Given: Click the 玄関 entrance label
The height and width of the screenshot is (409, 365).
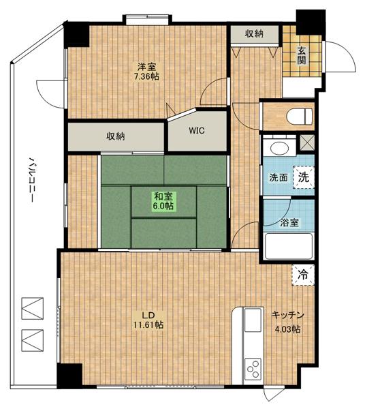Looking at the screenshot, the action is click(302, 56).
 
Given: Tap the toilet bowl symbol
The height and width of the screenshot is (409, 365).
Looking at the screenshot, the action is click(299, 116).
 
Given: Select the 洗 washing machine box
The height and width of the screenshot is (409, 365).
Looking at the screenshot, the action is click(304, 177).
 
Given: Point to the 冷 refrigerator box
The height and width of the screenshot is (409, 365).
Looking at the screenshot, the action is click(303, 275).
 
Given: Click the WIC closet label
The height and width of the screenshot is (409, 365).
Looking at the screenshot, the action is click(197, 130).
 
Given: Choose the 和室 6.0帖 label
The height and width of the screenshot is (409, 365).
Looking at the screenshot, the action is click(163, 201).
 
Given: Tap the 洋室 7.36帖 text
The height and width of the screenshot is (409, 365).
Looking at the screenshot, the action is click(148, 72).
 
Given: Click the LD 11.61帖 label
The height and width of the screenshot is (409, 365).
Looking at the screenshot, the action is click(148, 320).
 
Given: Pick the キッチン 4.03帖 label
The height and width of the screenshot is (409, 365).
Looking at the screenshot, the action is click(287, 322).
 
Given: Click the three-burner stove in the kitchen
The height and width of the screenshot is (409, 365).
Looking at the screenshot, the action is click(253, 369).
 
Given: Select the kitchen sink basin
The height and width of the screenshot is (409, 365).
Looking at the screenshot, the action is click(253, 321).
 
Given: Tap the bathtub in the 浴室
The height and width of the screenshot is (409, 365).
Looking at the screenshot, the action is click(288, 246).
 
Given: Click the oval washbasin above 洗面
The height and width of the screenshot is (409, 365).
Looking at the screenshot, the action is click(280, 149).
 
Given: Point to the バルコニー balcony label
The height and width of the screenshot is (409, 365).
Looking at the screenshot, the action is click(31, 180).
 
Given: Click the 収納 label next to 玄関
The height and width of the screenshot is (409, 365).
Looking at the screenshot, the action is click(254, 34).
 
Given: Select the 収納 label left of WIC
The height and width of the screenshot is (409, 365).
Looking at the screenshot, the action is click(115, 136).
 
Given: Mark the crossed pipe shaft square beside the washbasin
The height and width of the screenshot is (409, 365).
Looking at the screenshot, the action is click(307, 143).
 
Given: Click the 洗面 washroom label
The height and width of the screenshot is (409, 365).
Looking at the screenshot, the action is click(279, 178).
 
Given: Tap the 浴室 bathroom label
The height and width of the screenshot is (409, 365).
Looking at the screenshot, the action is click(289, 223).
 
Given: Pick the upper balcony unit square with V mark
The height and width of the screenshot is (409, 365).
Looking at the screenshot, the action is click(32, 308).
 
